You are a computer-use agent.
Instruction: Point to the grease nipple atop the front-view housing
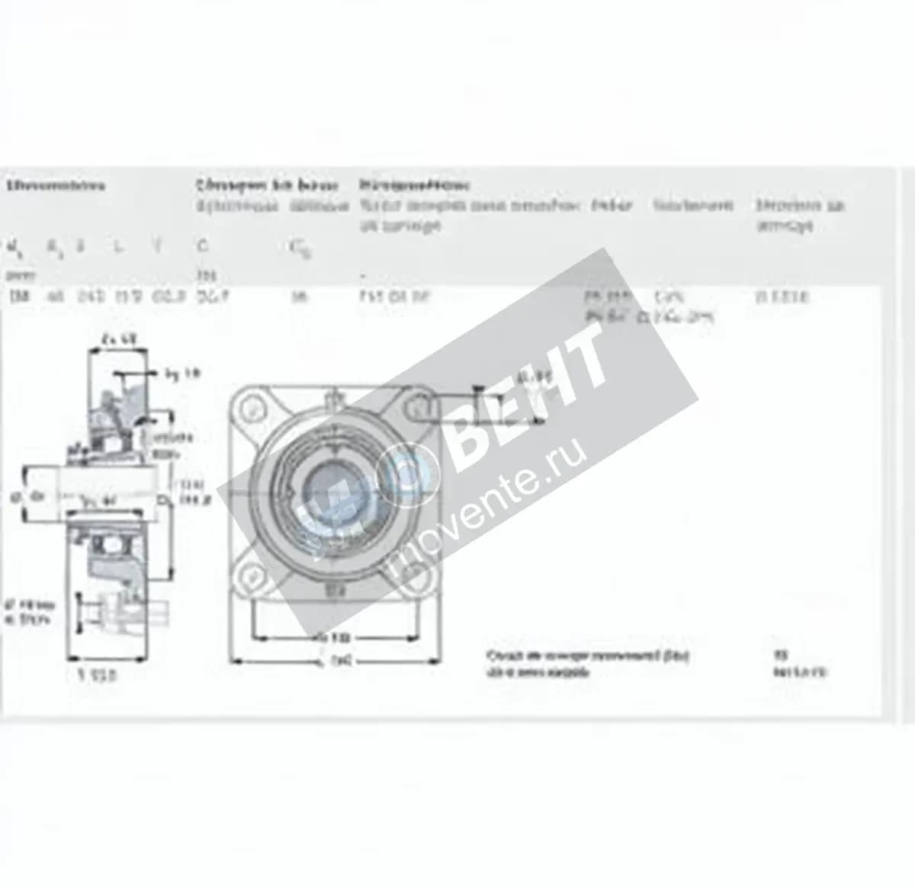(333, 397)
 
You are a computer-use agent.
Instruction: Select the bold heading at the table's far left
(56, 185)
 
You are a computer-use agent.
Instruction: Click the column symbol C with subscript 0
(299, 248)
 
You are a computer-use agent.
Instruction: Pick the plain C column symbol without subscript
(202, 245)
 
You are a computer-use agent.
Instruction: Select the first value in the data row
(16, 297)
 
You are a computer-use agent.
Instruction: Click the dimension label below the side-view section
(98, 675)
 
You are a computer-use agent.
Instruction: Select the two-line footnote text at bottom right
(587, 664)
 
